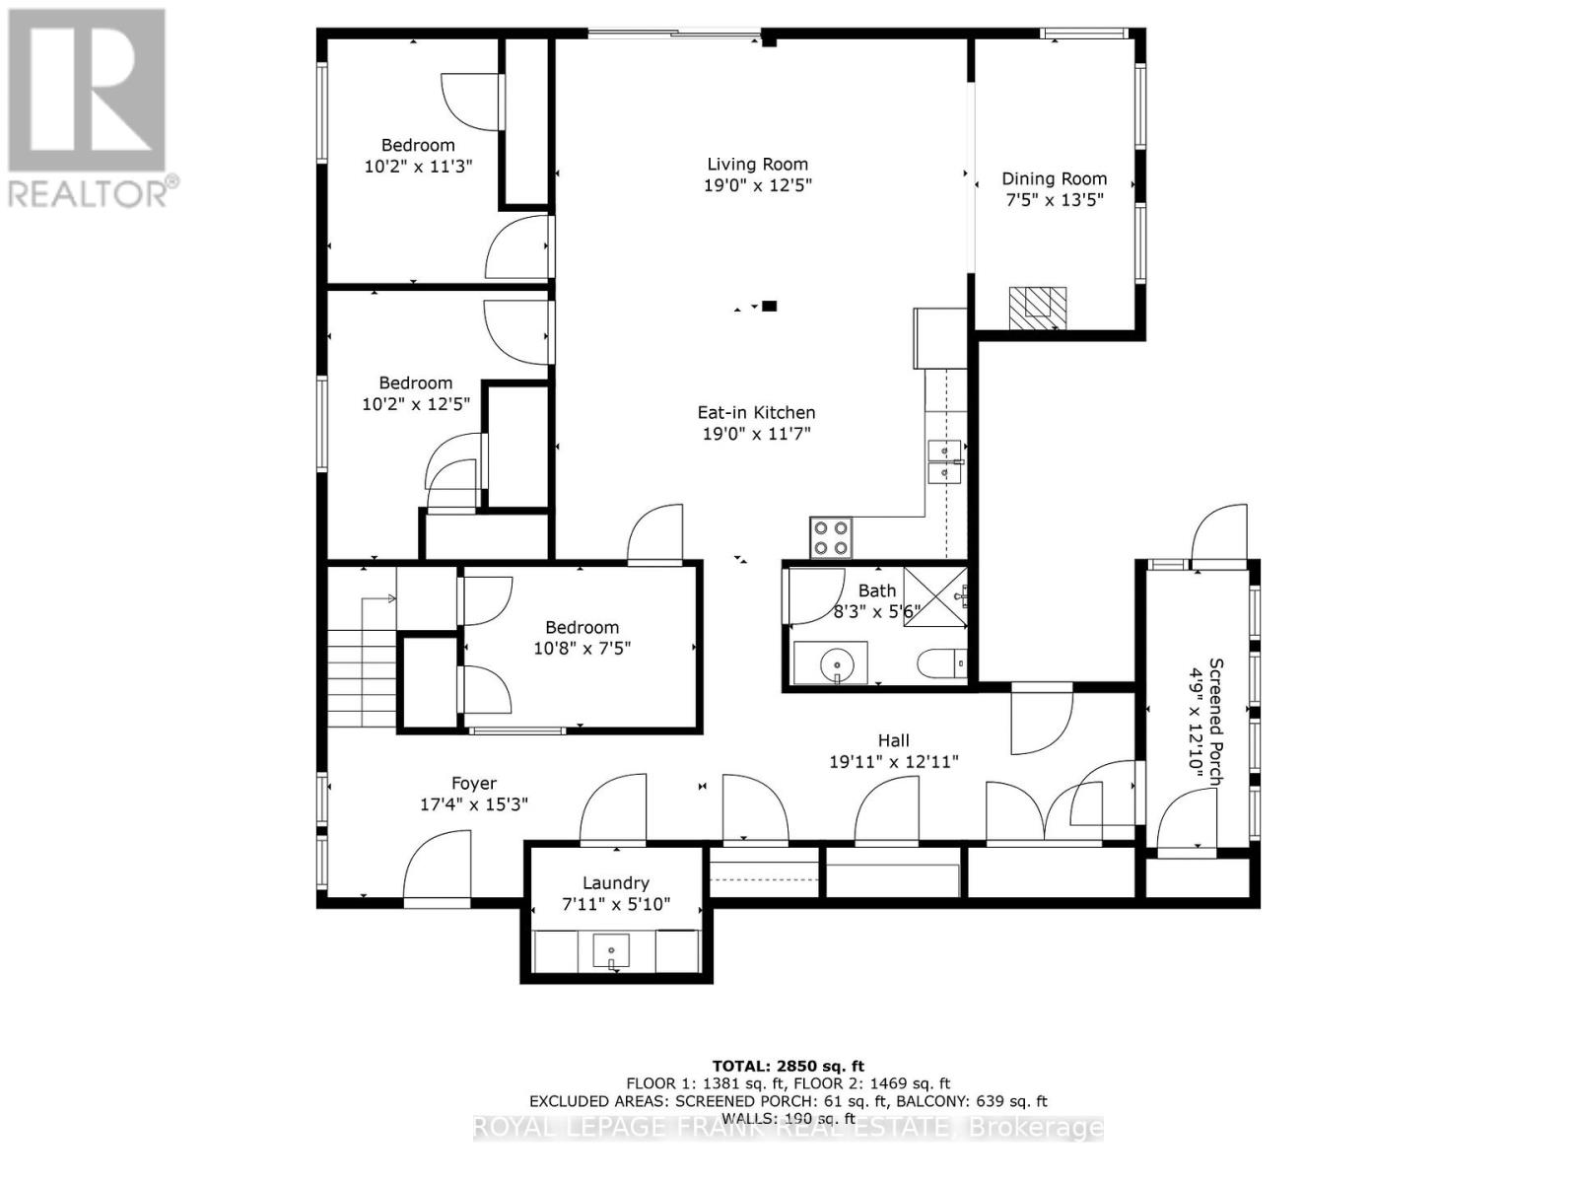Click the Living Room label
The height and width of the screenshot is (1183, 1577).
point(757,165)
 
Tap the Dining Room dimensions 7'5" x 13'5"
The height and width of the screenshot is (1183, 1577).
point(1054,200)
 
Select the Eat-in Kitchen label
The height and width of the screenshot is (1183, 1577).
point(756,412)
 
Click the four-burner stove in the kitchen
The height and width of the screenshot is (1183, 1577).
point(831,538)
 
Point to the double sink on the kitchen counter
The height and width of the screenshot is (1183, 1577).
point(945,461)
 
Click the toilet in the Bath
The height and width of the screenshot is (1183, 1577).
point(942,663)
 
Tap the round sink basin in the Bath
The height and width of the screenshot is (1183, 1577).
point(836,662)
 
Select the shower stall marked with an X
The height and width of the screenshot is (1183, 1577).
point(934,596)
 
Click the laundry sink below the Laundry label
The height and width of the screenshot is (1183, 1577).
point(611,950)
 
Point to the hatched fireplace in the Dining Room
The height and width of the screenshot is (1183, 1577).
point(1037,309)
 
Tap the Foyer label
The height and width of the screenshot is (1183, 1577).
point(473,783)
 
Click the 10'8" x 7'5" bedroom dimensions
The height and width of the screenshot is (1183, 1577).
point(582,649)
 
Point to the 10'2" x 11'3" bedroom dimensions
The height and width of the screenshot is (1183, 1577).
point(418,166)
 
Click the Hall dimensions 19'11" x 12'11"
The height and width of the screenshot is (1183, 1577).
point(894,761)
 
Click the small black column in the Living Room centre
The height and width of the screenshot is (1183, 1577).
point(770,306)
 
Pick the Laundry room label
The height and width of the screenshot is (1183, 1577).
point(616,882)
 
